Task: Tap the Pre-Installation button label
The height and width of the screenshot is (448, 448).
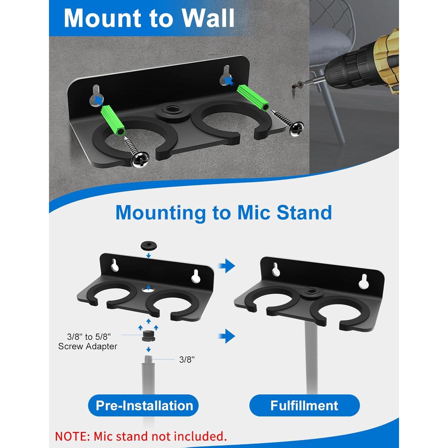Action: (144, 406)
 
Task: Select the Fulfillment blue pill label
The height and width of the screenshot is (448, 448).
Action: (304, 406)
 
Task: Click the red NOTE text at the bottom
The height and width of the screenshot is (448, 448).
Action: (141, 436)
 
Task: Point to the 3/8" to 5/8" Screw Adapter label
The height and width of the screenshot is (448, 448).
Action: (88, 341)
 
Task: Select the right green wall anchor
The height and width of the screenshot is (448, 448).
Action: (253, 98)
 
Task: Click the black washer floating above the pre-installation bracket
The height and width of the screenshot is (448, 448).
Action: (149, 246)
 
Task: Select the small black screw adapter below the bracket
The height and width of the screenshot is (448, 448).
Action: (148, 336)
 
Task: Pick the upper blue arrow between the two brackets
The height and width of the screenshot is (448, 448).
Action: (227, 266)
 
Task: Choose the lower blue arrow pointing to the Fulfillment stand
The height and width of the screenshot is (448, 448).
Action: (227, 336)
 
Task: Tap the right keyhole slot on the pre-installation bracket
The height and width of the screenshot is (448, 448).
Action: (196, 275)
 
